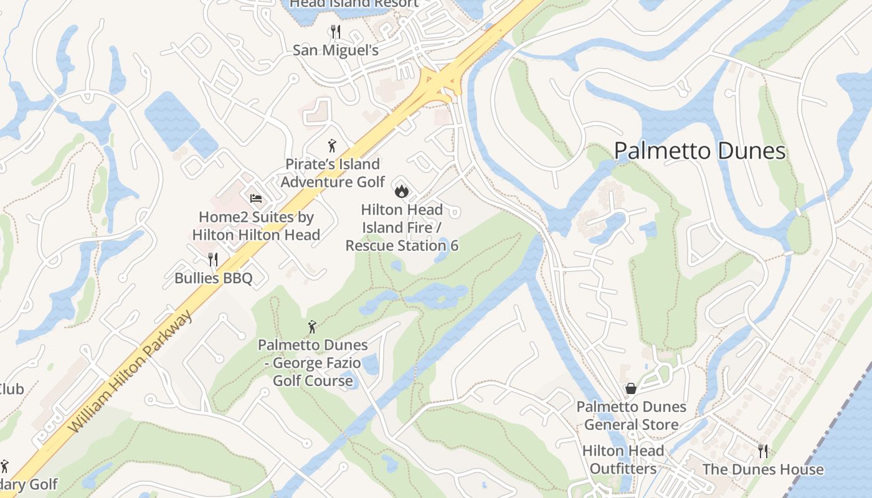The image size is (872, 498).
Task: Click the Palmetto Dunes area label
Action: (x=699, y=151)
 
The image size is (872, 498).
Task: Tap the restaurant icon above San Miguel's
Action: (x=335, y=31)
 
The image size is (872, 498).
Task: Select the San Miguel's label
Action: (x=335, y=50)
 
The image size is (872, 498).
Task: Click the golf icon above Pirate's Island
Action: (x=332, y=146)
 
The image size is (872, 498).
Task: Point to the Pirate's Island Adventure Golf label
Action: (x=333, y=173)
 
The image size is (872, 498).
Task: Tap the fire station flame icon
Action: (x=401, y=189)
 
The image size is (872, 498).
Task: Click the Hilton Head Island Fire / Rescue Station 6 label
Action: (x=402, y=227)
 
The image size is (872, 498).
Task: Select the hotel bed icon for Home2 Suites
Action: (x=256, y=199)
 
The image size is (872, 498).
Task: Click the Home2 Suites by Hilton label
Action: (x=256, y=226)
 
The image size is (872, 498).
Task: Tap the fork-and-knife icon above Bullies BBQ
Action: (x=213, y=259)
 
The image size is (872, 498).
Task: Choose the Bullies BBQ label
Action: (x=213, y=278)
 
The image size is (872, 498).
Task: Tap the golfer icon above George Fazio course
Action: (x=313, y=326)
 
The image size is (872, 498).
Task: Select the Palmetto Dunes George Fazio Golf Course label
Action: (x=313, y=362)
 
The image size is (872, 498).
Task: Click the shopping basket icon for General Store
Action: (x=631, y=388)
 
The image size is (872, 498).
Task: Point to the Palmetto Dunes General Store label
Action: (x=631, y=416)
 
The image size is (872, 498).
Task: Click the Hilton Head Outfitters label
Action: (x=623, y=459)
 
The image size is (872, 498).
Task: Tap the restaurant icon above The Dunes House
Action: (x=762, y=451)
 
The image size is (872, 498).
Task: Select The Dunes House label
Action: (x=762, y=469)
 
